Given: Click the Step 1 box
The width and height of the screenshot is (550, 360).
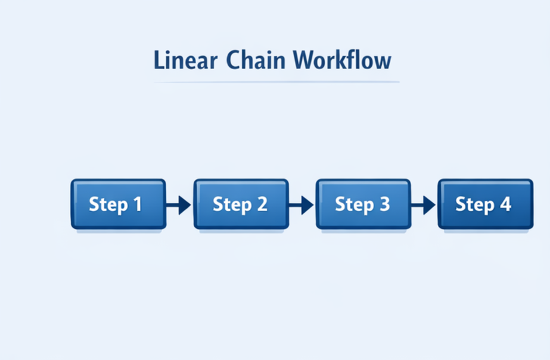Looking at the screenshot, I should [x=118, y=204].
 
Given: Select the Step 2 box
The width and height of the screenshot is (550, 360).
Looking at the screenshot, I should [x=241, y=204].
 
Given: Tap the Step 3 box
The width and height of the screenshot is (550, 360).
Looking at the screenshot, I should [x=363, y=204].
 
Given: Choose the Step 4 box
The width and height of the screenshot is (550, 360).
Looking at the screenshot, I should [x=485, y=204].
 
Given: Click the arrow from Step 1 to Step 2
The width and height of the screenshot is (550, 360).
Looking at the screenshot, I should [x=179, y=205].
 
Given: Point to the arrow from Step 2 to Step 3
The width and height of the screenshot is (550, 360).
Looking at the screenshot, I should [x=302, y=205].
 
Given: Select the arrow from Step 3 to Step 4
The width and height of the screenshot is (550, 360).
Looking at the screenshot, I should [x=424, y=205].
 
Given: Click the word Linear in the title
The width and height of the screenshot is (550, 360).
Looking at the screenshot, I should [x=184, y=61].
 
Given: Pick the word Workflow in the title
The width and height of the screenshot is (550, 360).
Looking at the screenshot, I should [x=343, y=61].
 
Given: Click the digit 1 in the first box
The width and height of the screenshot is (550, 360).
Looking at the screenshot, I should [x=136, y=204].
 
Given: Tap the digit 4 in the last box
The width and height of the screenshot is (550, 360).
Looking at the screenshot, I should [x=505, y=204].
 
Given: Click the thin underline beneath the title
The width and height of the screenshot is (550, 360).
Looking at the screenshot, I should [x=276, y=82].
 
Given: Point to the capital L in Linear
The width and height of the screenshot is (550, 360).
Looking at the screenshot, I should [x=159, y=61].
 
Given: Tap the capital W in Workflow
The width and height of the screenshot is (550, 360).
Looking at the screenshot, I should [x=306, y=61].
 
